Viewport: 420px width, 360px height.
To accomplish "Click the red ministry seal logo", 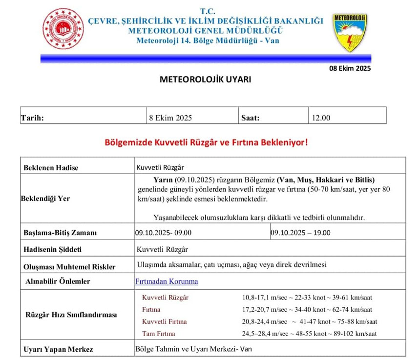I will [63, 30].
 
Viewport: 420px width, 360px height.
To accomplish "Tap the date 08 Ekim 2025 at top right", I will [350, 68].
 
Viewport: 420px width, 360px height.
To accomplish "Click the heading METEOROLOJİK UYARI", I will [206, 79].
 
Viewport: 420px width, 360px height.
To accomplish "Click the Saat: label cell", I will [251, 118].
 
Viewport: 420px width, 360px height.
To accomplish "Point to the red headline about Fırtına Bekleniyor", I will [206, 143].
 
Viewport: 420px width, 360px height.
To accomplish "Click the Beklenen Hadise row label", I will [51, 167].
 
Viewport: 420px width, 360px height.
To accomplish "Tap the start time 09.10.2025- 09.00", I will [164, 233].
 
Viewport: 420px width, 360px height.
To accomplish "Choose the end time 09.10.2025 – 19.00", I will [300, 233].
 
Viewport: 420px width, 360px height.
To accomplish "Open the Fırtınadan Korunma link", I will [167, 281].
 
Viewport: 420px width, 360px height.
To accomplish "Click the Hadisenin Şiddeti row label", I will [53, 249].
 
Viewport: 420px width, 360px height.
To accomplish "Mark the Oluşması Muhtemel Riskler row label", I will [70, 266].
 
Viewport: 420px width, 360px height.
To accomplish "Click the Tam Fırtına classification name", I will [158, 334].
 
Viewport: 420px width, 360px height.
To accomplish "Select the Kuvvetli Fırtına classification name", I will [164, 321].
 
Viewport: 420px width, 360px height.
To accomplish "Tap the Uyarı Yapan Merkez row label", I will [58, 349].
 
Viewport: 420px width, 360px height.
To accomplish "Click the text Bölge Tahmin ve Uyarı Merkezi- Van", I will [193, 349].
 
